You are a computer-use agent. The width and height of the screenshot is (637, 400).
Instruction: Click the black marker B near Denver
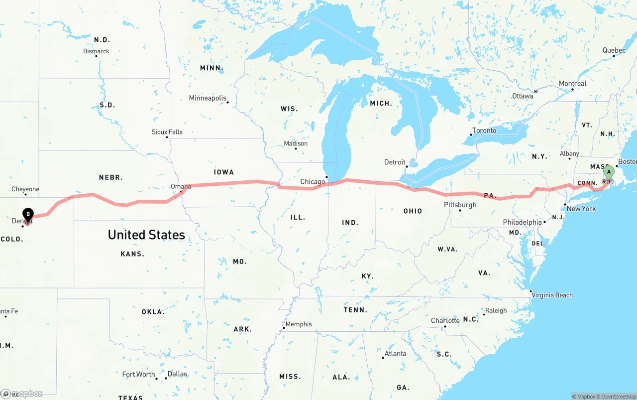pos(28,215)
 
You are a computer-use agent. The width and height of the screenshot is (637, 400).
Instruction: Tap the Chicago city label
pos(313,182)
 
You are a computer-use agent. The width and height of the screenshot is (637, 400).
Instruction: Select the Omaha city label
pos(181,187)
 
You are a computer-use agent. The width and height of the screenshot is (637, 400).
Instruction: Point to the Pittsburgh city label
pos(460,205)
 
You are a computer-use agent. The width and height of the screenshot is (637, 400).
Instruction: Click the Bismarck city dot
pos(96,56)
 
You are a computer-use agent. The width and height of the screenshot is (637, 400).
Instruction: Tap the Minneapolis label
pos(208,98)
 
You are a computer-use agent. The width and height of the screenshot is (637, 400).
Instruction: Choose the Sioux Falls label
pos(167,132)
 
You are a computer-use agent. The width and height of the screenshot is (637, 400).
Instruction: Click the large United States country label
pos(146,235)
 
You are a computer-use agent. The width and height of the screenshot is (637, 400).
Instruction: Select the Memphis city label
pos(299,324)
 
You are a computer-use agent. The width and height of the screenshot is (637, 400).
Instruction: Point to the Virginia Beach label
pos(552,295)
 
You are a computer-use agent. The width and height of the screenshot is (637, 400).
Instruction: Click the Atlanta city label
pos(396,354)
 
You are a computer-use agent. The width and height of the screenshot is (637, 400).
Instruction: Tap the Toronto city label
pos(484,131)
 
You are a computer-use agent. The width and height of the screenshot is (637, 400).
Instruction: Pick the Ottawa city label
pos(523,96)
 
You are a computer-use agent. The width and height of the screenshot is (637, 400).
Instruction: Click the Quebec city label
pos(614,50)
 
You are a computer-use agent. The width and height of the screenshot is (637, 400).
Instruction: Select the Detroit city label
pos(395,162)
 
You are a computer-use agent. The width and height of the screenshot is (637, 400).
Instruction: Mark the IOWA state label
pos(224,172)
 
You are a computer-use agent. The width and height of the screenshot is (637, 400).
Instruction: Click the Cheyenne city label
pos(25,189)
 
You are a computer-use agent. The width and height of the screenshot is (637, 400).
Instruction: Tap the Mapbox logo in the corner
pos(22,394)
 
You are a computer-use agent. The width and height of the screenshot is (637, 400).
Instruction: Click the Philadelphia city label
pos(523,222)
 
